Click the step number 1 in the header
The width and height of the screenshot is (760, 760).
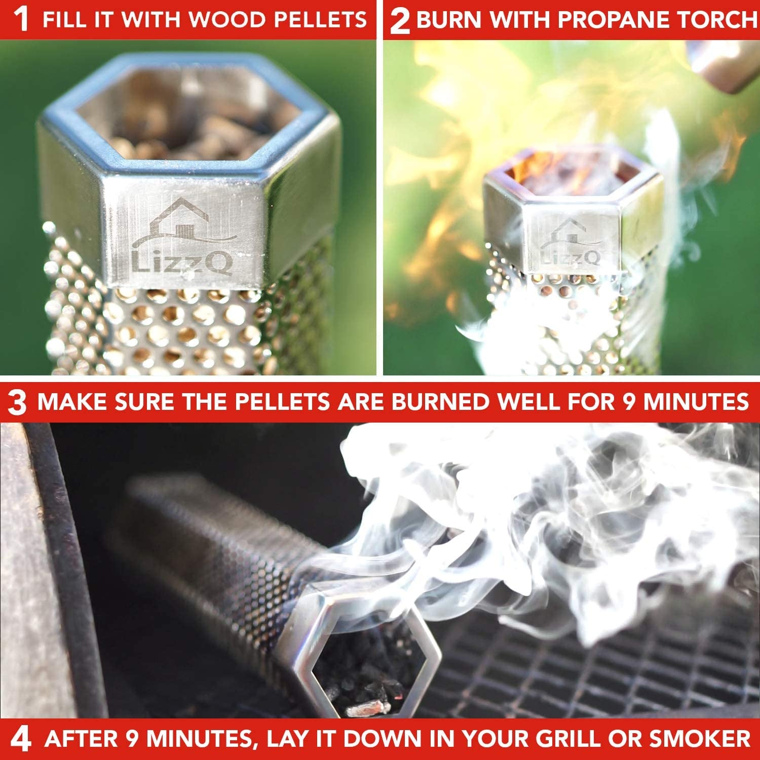(21, 20)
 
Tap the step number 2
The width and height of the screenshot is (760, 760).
(400, 21)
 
